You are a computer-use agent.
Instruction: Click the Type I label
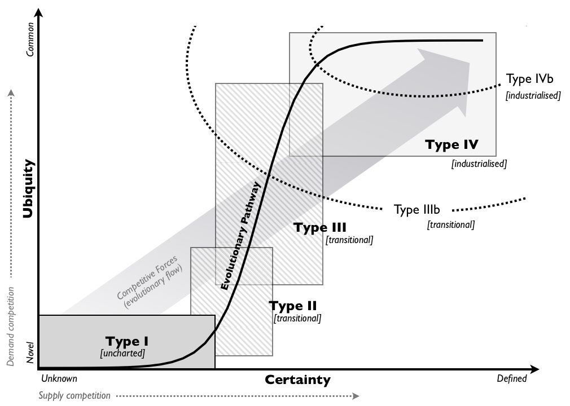(126, 341)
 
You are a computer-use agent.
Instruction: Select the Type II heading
(292, 306)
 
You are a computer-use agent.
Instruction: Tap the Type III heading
(319, 228)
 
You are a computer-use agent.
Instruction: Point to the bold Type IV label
(451, 144)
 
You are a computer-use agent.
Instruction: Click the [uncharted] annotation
(122, 354)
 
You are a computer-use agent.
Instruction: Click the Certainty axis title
(297, 379)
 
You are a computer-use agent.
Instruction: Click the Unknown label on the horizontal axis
(59, 378)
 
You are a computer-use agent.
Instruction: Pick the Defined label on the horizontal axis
(511, 378)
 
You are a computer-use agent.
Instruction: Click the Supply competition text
(74, 396)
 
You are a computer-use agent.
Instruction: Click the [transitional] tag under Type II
(297, 318)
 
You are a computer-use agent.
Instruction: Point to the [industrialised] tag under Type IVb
(533, 95)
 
